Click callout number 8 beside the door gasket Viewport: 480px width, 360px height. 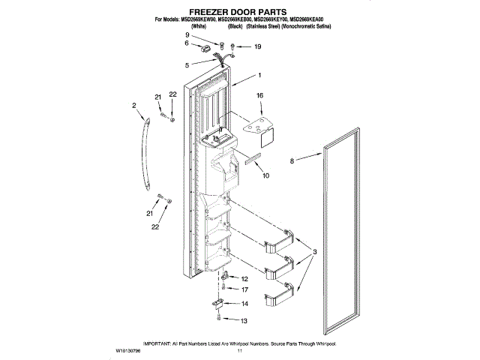(x=292, y=160)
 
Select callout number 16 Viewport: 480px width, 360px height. (x=260, y=96)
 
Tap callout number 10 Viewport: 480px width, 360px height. (x=265, y=175)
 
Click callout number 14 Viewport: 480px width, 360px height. (x=244, y=304)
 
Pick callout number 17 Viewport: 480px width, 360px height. (x=244, y=289)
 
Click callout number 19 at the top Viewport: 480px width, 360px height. (x=257, y=46)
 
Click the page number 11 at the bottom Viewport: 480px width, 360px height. (x=240, y=349)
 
